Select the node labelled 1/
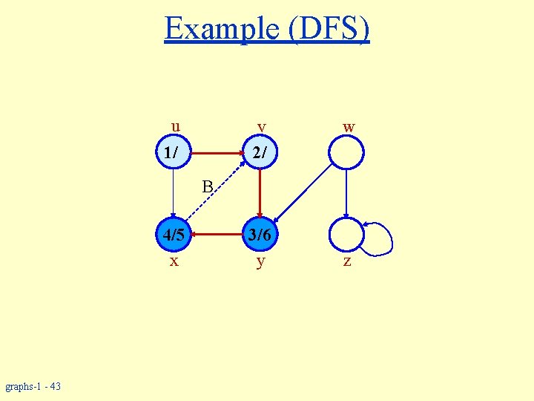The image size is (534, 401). [x=173, y=152]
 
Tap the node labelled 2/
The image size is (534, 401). [x=260, y=153]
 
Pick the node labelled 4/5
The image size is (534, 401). [x=173, y=235]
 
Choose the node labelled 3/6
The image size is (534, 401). [x=260, y=235]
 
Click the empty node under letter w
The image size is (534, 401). [x=346, y=153]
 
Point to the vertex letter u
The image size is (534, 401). [x=175, y=125]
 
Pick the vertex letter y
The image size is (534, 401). [x=260, y=262]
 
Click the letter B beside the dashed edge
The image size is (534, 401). [x=208, y=185]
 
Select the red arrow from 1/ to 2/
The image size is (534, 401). [x=217, y=153]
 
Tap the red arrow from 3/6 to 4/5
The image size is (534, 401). [x=217, y=235]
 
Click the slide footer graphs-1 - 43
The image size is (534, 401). [x=33, y=386]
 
